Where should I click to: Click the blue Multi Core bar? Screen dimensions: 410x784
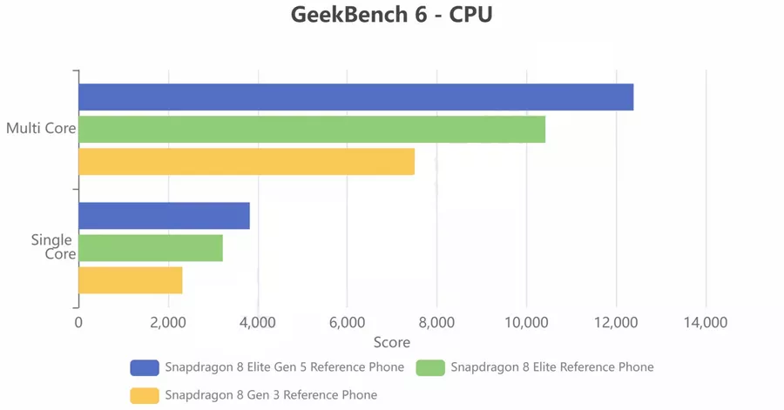click(x=355, y=97)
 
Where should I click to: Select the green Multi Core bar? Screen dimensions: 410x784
click(x=312, y=130)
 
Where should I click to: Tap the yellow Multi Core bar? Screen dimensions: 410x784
click(x=247, y=162)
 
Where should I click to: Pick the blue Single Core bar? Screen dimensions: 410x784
click(x=164, y=216)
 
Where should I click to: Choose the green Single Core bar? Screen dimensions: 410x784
click(x=151, y=248)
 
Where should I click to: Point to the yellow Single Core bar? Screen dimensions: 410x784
click(x=131, y=280)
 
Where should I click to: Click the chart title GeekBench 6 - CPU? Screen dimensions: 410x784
click(x=392, y=16)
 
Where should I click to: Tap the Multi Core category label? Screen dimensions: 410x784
click(x=40, y=130)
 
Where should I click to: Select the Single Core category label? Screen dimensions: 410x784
click(x=53, y=247)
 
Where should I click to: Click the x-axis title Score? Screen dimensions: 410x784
click(x=392, y=342)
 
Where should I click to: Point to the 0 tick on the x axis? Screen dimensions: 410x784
click(x=78, y=322)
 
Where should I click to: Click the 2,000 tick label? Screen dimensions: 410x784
click(x=168, y=322)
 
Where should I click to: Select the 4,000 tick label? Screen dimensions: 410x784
click(x=258, y=322)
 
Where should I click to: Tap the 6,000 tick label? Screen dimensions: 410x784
click(x=348, y=322)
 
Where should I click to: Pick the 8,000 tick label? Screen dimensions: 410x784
click(x=436, y=322)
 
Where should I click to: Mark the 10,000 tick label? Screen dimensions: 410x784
click(x=526, y=322)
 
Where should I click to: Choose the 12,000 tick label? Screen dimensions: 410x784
click(x=616, y=322)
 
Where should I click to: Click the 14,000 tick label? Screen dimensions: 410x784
click(x=706, y=322)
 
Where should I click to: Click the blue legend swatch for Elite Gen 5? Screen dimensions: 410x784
click(x=145, y=367)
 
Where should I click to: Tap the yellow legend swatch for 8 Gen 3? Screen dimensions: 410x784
click(x=145, y=395)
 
